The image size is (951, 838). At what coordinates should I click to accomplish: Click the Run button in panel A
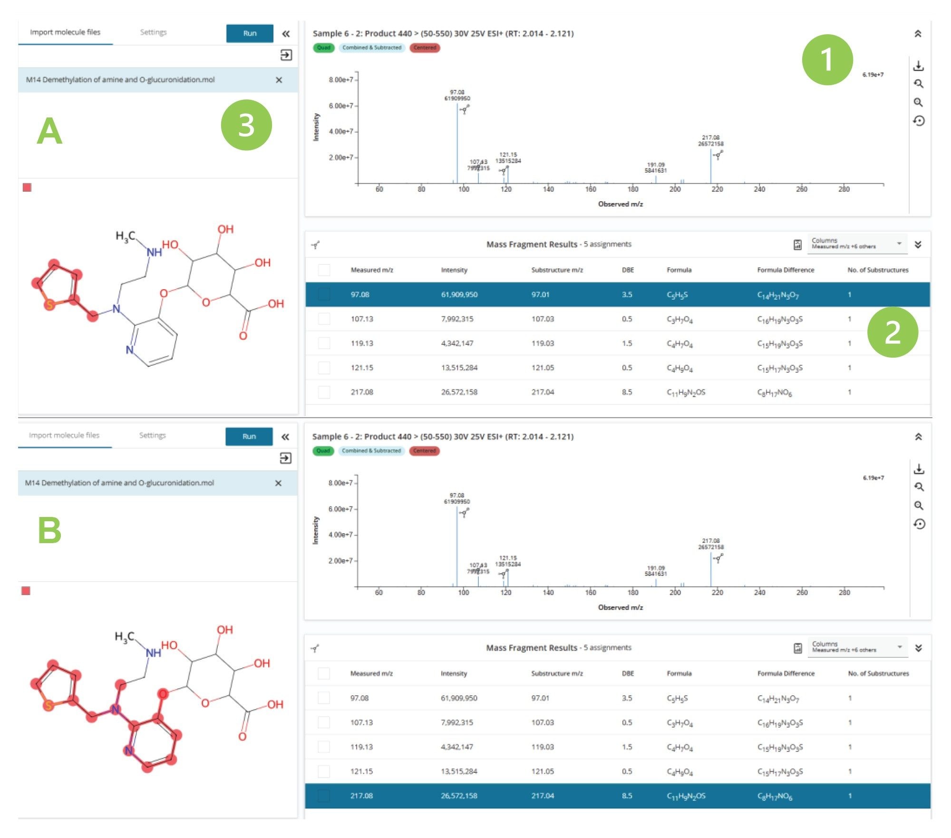click(250, 33)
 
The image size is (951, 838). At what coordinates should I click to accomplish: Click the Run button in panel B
click(249, 436)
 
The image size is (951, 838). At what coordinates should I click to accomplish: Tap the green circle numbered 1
click(827, 60)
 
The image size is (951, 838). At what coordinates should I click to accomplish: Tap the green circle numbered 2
click(892, 332)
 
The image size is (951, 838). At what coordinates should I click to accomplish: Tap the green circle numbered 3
click(246, 125)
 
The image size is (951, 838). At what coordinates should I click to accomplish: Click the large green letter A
click(49, 132)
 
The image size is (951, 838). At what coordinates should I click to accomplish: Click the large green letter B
click(49, 531)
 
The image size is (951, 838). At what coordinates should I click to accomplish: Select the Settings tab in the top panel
click(153, 32)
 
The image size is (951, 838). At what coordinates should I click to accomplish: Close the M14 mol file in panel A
click(279, 80)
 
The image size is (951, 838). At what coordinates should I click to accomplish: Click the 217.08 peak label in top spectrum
click(710, 140)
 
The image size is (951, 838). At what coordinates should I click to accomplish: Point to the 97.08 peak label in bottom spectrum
click(456, 498)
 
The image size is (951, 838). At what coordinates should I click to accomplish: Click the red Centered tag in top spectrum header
click(425, 48)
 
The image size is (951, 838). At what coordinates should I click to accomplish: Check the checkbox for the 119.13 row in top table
click(324, 343)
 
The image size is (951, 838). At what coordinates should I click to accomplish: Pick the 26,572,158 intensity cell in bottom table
click(459, 796)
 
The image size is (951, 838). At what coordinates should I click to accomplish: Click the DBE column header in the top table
click(628, 270)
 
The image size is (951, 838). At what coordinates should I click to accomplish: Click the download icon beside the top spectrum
click(918, 66)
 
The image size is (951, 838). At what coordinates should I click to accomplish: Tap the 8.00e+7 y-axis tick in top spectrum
click(340, 80)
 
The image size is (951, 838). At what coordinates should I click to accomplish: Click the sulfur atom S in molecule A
click(49, 305)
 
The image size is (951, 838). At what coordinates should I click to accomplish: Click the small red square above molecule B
click(26, 591)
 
